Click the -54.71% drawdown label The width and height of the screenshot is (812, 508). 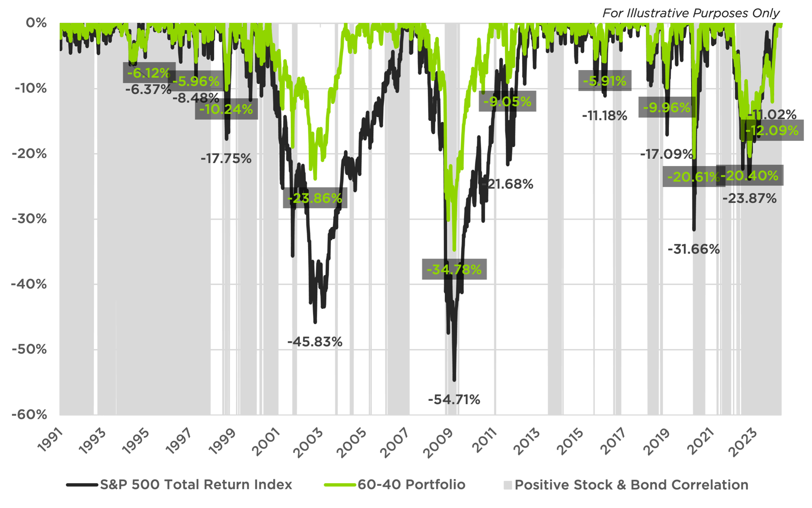[x=454, y=400]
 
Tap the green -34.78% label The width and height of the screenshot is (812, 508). [x=454, y=270]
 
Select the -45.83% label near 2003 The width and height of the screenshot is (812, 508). [x=315, y=342]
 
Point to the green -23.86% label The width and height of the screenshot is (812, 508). [x=315, y=198]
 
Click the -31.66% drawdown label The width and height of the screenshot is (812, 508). [x=694, y=249]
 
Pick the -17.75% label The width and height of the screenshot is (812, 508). [x=226, y=159]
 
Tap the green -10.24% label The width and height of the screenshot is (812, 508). [x=226, y=109]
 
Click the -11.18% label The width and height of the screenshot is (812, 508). [x=604, y=116]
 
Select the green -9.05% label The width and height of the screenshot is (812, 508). [x=507, y=102]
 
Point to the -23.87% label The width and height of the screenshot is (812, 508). [x=749, y=199]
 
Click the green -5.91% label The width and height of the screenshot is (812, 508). [x=605, y=81]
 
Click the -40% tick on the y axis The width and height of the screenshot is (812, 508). [x=29, y=284]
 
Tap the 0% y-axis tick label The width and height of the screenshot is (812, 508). [x=36, y=23]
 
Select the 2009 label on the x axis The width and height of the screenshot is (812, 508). [x=438, y=443]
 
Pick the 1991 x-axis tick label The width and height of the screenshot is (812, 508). [x=50, y=440]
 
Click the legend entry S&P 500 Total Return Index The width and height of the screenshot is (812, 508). [x=196, y=484]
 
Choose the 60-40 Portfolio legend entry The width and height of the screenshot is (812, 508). [x=411, y=484]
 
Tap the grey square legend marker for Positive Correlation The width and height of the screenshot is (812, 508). [x=508, y=485]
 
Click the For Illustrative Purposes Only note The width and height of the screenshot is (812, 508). [x=691, y=13]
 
